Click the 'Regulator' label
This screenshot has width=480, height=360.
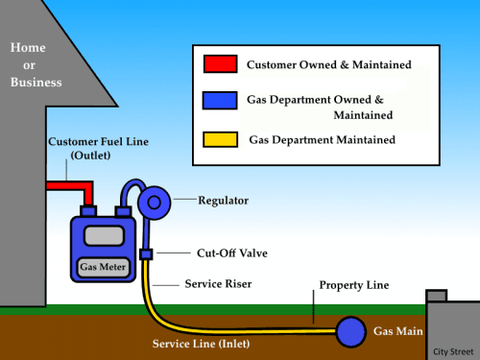coord(223,201)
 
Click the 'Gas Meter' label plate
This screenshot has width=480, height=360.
coord(102,266)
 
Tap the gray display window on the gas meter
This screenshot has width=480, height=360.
coord(101,236)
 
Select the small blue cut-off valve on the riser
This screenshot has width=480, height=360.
coord(146,254)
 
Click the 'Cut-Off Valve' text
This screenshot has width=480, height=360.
coord(216,253)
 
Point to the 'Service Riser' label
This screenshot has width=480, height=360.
coord(216,285)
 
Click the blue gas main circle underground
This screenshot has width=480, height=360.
coord(350,331)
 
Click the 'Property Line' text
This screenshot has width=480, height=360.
coord(354,286)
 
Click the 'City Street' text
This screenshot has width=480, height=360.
coord(452,351)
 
